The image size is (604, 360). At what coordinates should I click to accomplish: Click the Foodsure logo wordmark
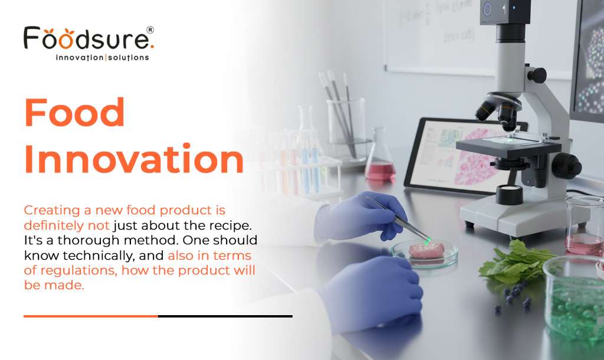pyautogui.click(x=88, y=38)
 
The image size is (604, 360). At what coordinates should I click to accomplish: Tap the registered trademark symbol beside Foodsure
pyautogui.click(x=150, y=30)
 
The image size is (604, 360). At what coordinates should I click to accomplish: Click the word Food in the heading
pyautogui.click(x=74, y=112)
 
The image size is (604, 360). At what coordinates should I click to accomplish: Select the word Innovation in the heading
pyautogui.click(x=134, y=159)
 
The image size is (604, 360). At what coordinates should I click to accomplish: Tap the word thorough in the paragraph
pyautogui.click(x=88, y=241)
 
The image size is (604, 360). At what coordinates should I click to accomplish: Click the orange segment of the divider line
pyautogui.click(x=91, y=316)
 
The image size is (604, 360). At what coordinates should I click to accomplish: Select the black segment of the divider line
pyautogui.click(x=225, y=316)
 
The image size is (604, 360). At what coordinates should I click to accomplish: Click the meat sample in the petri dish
pyautogui.click(x=426, y=250)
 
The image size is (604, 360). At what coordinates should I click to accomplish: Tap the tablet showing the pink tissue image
pyautogui.click(x=460, y=156)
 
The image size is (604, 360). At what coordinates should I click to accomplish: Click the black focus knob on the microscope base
pyautogui.click(x=566, y=166)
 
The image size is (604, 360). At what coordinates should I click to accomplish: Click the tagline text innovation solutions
pyautogui.click(x=103, y=57)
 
